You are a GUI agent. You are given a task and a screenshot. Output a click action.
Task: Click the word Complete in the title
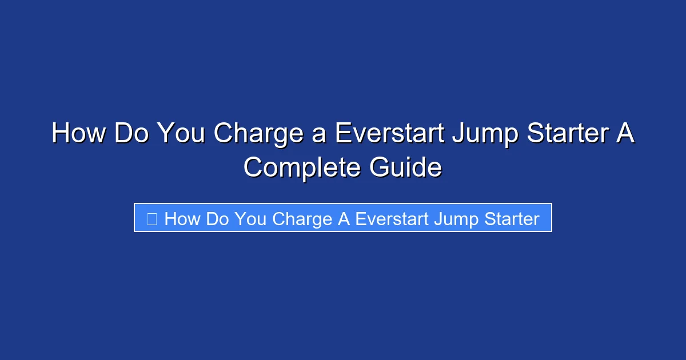click(302, 169)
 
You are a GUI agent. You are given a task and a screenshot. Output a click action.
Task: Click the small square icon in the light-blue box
click(152, 219)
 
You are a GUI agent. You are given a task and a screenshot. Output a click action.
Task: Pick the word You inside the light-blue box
click(250, 219)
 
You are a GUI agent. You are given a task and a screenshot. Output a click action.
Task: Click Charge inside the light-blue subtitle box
click(302, 219)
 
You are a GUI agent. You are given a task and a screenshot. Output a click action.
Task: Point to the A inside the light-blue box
click(344, 219)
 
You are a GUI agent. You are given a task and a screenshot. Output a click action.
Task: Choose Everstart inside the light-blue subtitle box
click(392, 219)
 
